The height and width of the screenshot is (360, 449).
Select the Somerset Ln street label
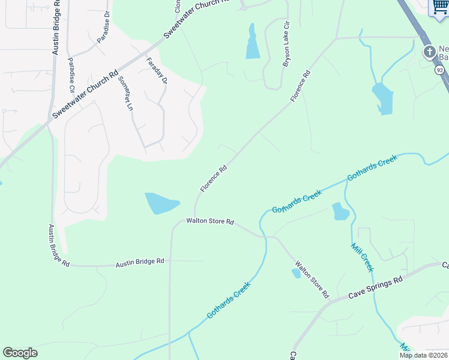pos(125,94)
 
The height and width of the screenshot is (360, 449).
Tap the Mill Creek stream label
pos(362,257)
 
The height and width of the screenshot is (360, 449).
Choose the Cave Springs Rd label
pos(375,289)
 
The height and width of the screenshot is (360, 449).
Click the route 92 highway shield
pos(440,70)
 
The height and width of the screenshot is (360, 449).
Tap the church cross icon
pos(429,52)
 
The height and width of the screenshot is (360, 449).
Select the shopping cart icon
pos(439,8)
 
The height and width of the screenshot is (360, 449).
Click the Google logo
pos(20,353)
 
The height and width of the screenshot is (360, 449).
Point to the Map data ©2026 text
pos(423,355)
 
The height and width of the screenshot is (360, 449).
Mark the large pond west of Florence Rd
pos(161,203)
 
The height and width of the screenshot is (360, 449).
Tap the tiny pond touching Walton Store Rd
pos(296,274)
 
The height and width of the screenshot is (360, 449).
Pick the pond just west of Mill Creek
pos(340,211)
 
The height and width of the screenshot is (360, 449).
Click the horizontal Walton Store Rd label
pos(209,221)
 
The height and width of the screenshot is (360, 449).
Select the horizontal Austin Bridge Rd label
pos(140,262)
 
